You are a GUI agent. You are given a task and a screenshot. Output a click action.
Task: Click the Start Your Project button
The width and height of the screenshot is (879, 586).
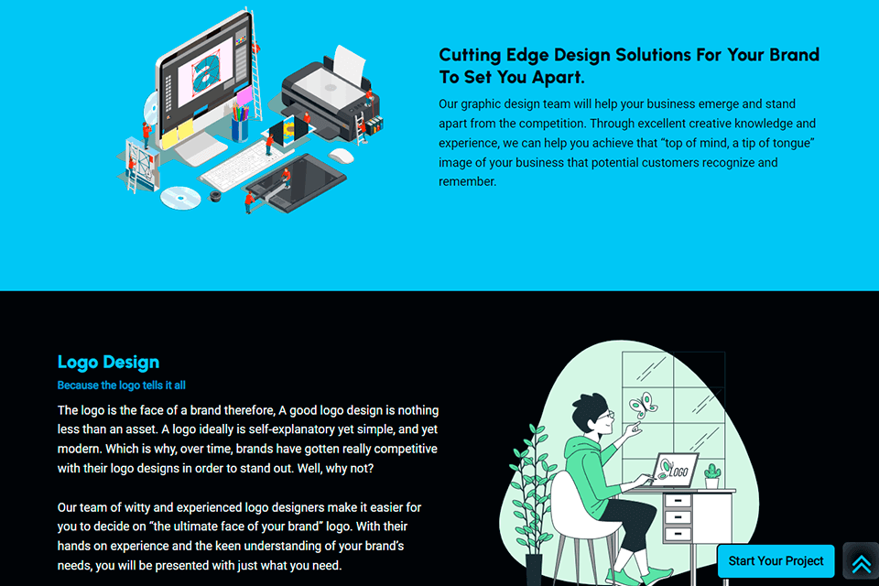776,560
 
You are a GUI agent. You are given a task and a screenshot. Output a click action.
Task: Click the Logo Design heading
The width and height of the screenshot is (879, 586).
108,363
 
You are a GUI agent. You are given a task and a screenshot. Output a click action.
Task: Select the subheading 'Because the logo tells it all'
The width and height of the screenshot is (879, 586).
121,385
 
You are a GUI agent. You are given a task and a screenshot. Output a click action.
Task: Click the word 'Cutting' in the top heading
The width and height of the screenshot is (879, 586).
470,55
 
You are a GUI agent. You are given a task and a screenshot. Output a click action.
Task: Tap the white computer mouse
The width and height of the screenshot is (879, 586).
341,156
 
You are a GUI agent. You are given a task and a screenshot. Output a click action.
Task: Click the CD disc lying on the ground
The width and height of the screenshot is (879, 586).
180,198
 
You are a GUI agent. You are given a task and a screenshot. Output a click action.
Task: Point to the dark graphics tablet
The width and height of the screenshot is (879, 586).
297,182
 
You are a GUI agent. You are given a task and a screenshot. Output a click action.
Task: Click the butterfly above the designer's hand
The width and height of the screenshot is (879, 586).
644,405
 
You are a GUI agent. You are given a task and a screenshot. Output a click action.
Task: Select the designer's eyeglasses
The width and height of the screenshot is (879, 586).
605,416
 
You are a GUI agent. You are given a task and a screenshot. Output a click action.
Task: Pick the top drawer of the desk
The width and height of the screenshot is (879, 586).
678,500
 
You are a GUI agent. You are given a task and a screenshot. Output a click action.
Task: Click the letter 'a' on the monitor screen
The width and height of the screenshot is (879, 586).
205,71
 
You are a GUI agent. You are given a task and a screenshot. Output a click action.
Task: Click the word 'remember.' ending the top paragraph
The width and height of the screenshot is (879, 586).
468,181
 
